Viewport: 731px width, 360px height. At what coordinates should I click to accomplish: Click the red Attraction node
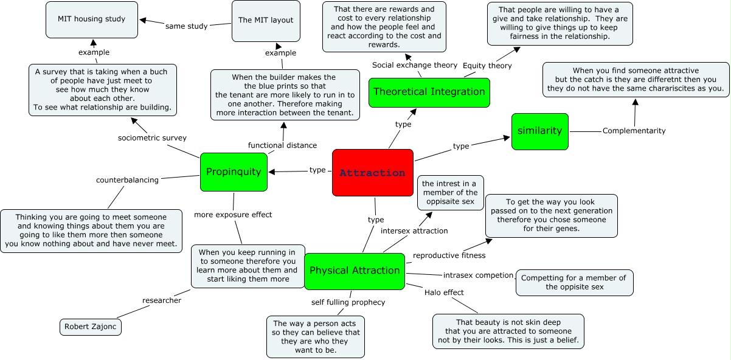372,173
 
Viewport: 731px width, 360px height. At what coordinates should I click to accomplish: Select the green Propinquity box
234,172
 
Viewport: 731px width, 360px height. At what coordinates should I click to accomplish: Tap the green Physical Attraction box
355,271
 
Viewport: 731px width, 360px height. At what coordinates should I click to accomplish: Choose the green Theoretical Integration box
429,92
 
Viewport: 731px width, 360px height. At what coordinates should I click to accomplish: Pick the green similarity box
539,131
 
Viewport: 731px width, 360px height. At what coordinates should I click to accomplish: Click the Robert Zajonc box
91,327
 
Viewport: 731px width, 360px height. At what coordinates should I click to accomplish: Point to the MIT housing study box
91,19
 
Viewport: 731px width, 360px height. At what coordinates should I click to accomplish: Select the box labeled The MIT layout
266,21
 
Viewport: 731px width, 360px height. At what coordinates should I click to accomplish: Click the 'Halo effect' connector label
444,292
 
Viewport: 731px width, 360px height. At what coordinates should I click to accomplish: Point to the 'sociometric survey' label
152,138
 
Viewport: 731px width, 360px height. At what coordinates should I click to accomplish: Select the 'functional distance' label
282,145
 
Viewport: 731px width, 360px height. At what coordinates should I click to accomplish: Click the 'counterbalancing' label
127,180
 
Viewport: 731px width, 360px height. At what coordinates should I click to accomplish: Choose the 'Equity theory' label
487,66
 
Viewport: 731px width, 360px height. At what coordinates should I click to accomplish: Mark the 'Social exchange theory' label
415,65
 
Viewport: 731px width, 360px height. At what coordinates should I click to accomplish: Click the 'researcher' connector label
162,300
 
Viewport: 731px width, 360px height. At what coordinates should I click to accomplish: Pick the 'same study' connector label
186,26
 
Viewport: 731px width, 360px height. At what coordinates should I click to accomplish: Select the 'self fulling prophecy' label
344,302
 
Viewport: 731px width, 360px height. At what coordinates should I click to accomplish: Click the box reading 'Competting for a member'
574,282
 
